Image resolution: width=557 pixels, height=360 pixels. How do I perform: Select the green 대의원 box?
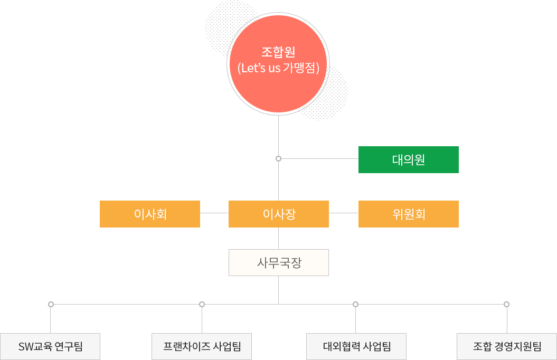pyautogui.click(x=408, y=159)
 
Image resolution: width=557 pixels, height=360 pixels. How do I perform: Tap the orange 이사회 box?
pyautogui.click(x=149, y=214)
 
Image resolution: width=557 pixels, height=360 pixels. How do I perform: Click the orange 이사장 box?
pyautogui.click(x=278, y=214)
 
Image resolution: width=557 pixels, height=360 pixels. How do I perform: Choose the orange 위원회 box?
pyautogui.click(x=408, y=214)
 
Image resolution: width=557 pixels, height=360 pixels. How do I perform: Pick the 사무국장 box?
pyautogui.click(x=278, y=262)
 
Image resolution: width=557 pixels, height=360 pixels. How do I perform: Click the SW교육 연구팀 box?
pyautogui.click(x=50, y=346)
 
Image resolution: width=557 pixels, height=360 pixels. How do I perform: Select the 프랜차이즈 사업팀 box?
pyautogui.click(x=202, y=346)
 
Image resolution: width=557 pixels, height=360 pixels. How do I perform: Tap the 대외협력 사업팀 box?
pyautogui.click(x=356, y=346)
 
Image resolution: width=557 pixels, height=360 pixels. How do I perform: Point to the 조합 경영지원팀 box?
pyautogui.click(x=506, y=346)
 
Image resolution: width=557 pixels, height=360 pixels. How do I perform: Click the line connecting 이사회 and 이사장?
pyautogui.click(x=214, y=213)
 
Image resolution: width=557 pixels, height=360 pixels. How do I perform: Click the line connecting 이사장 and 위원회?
pyautogui.click(x=343, y=213)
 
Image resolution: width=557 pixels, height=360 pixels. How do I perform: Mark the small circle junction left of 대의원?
pyautogui.click(x=278, y=158)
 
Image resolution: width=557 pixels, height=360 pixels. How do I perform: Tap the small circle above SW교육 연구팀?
pyautogui.click(x=51, y=304)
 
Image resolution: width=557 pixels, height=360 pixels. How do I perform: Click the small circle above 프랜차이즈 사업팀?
pyautogui.click(x=202, y=304)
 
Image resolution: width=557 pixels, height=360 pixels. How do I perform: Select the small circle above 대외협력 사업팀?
pyautogui.click(x=355, y=304)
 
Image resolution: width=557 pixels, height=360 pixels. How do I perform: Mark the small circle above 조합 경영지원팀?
pyautogui.click(x=506, y=304)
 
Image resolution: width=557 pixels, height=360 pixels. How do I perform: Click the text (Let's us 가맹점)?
pyautogui.click(x=278, y=68)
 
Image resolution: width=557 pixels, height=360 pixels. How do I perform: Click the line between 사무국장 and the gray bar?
pyautogui.click(x=278, y=289)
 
